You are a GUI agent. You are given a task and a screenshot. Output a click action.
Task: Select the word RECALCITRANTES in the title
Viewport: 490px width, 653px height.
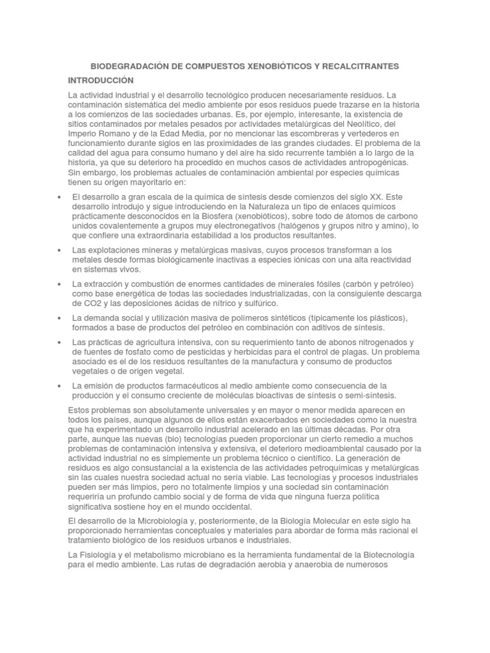click(x=365, y=66)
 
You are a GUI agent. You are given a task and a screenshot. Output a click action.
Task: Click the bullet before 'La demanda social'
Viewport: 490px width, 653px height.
click(x=59, y=318)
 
